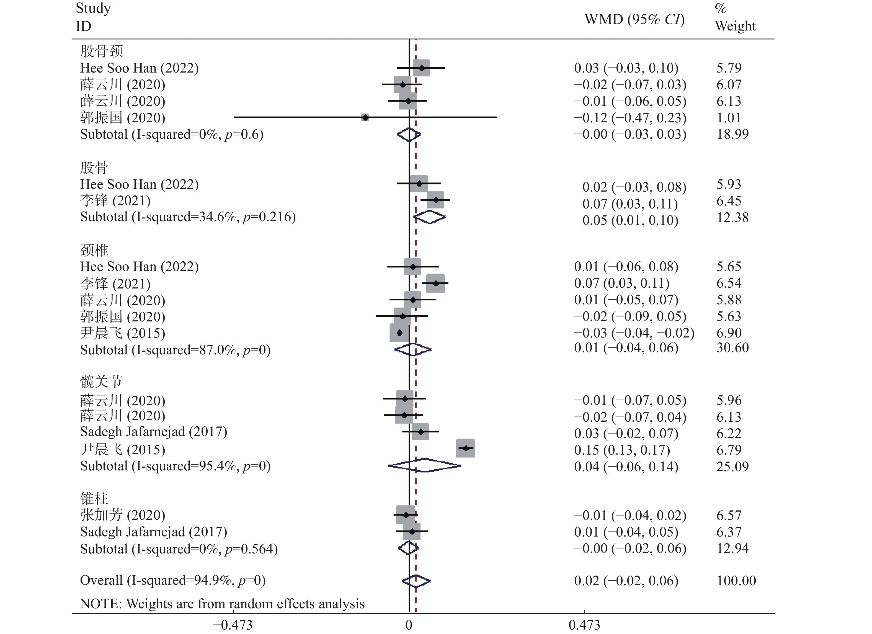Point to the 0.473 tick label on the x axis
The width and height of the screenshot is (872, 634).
pyautogui.click(x=584, y=625)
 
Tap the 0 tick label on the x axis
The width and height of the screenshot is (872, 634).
pyautogui.click(x=409, y=625)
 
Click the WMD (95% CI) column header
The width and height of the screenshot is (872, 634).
pyautogui.click(x=634, y=19)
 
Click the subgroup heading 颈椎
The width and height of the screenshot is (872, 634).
pyautogui.click(x=94, y=250)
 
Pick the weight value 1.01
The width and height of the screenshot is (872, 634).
pyautogui.click(x=728, y=118)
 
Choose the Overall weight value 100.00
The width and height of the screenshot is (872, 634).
pyautogui.click(x=736, y=581)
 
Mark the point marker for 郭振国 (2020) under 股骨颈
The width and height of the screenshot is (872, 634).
pyautogui.click(x=365, y=117)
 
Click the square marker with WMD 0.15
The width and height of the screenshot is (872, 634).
pyautogui.click(x=466, y=448)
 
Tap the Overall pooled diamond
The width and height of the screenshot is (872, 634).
pyautogui.click(x=416, y=581)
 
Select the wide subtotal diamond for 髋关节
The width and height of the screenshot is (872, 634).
pyautogui.click(x=424, y=466)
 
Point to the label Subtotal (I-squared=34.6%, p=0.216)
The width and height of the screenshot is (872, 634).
pyautogui.click(x=188, y=217)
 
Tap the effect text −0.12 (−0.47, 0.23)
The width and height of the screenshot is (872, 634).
pyautogui.click(x=630, y=118)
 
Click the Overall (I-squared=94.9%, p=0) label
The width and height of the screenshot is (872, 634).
pyautogui.click(x=173, y=581)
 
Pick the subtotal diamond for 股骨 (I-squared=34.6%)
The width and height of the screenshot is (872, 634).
pyautogui.click(x=429, y=217)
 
